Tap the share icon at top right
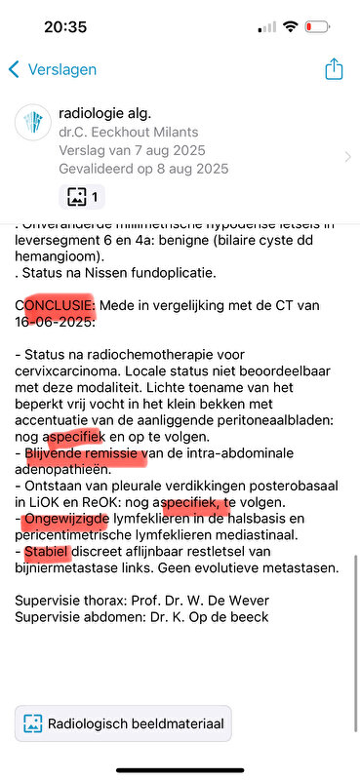[334, 68]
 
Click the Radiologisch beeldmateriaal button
[124, 724]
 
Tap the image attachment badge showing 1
[82, 196]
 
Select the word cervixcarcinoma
[68, 376]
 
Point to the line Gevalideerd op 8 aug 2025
[144, 169]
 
